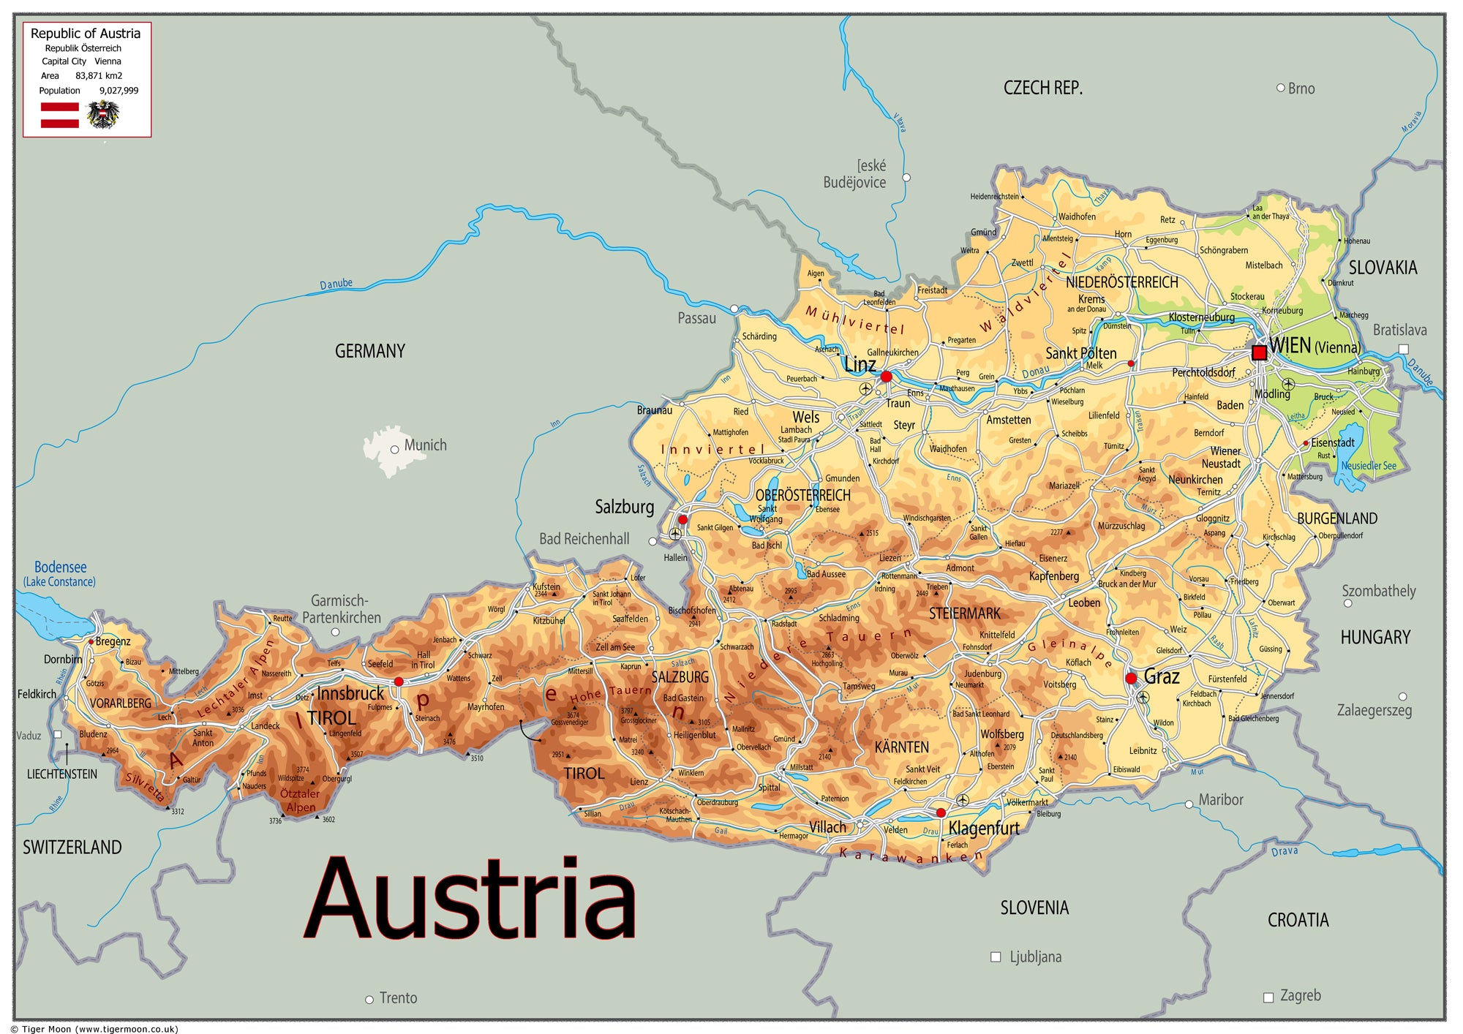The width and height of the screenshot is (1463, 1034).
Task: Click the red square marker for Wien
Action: (x=1259, y=352)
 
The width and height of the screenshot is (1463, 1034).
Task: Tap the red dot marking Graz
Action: (x=1131, y=679)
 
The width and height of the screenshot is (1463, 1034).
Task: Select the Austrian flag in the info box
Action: (x=60, y=116)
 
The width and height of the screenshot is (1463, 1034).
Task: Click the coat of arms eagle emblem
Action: (x=103, y=115)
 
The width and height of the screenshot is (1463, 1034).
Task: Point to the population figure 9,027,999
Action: (x=119, y=91)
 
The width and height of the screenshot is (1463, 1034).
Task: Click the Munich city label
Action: (x=425, y=445)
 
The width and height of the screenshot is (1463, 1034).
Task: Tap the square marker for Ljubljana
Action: (x=996, y=956)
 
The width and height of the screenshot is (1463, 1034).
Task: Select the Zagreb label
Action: (x=1300, y=995)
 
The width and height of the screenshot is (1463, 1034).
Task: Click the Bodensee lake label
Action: (x=60, y=567)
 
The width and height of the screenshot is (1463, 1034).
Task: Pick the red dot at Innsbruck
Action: (x=399, y=682)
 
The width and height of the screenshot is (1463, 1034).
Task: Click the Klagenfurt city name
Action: (x=984, y=829)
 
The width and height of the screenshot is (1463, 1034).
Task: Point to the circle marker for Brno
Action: (x=1281, y=88)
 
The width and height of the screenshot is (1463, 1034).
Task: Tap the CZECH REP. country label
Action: (x=1042, y=88)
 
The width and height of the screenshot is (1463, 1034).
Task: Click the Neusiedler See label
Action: (x=1368, y=466)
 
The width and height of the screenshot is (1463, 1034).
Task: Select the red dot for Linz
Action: (x=886, y=377)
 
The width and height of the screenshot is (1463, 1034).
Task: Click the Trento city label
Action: (x=398, y=998)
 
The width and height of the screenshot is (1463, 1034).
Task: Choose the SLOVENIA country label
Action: (x=1034, y=908)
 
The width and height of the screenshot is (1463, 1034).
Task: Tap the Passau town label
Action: (x=696, y=318)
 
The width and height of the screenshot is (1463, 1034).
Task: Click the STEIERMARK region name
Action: (x=964, y=614)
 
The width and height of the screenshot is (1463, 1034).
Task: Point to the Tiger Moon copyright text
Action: (x=95, y=1029)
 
